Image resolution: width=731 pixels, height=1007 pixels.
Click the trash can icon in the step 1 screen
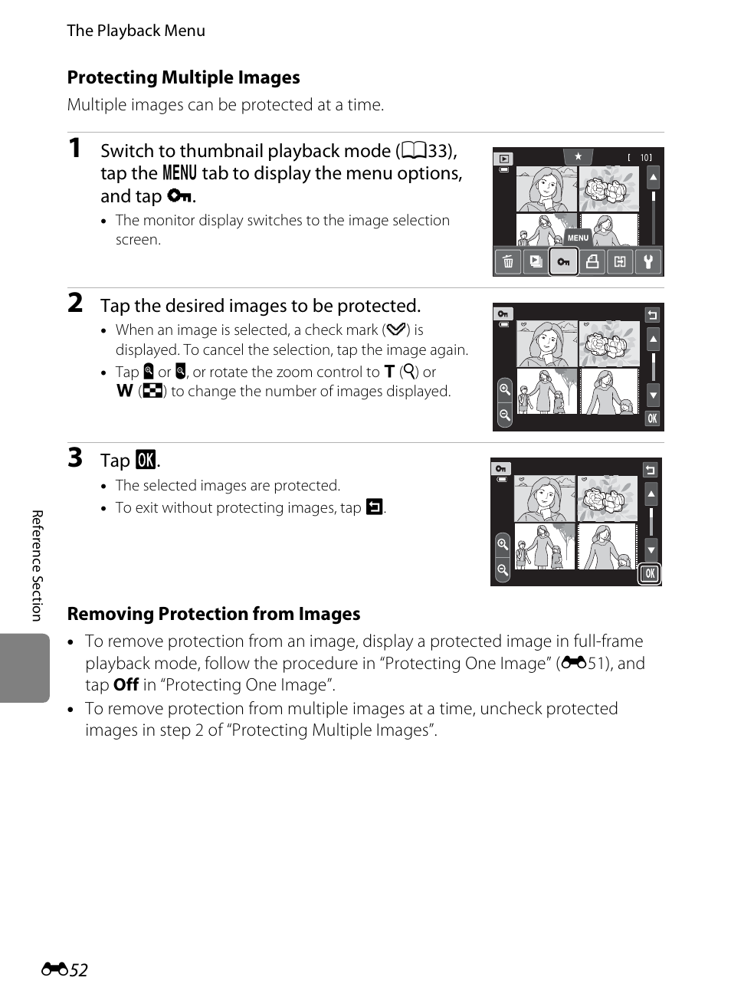[x=507, y=261]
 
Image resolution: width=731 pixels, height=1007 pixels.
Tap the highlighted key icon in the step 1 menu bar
[x=563, y=261]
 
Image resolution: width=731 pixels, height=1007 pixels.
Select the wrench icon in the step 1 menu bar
[x=647, y=261]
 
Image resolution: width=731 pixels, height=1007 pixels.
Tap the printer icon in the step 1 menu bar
[x=592, y=261]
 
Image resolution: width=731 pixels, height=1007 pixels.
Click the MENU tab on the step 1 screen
[x=578, y=238]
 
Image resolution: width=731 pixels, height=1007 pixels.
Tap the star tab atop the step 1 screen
[x=579, y=156]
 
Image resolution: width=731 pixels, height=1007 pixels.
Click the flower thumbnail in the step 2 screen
[x=609, y=344]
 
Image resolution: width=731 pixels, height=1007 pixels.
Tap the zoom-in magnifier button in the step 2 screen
[x=505, y=389]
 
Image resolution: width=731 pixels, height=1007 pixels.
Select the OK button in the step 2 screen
[x=652, y=418]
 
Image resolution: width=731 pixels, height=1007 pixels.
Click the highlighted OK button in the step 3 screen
[x=650, y=574]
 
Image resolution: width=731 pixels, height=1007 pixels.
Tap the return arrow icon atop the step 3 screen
[x=650, y=470]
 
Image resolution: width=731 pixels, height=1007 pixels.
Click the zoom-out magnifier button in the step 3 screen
[x=502, y=569]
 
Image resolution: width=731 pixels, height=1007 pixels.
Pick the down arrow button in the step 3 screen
[x=651, y=549]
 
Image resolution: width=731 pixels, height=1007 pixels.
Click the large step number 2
[x=75, y=303]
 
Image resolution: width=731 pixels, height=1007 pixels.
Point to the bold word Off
[x=126, y=684]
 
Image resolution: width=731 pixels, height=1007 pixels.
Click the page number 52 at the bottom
[x=78, y=969]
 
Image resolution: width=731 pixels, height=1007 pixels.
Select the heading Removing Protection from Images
[x=214, y=614]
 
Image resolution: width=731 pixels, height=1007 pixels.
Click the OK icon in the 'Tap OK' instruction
[x=146, y=460]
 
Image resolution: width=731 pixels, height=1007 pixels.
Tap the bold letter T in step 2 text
[x=389, y=372]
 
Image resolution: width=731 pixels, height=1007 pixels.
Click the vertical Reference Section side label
[x=38, y=565]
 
